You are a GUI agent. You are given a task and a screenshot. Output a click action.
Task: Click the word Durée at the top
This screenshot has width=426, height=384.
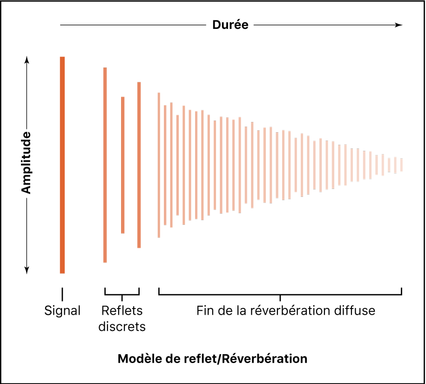(x=230, y=25)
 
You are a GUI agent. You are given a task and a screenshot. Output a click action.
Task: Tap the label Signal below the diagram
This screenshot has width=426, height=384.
(x=62, y=310)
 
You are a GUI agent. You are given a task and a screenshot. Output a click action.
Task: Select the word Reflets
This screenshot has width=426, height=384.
(x=122, y=310)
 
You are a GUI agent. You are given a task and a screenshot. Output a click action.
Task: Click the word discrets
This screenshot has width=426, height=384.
(x=122, y=327)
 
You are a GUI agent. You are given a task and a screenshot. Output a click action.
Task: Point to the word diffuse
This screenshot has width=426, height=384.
(x=353, y=310)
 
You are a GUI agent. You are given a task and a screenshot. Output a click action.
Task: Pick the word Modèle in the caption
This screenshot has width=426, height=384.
(x=137, y=359)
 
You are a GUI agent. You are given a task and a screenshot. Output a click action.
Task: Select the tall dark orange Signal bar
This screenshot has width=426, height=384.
(x=62, y=165)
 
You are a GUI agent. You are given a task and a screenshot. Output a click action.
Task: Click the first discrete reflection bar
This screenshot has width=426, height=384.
(x=105, y=165)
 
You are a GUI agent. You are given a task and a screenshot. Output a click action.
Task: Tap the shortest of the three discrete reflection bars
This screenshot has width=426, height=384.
(x=123, y=165)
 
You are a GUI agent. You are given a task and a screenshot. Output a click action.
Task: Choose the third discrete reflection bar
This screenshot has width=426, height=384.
(x=139, y=165)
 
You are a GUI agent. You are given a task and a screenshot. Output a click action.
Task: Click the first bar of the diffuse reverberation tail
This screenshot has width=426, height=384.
(x=159, y=165)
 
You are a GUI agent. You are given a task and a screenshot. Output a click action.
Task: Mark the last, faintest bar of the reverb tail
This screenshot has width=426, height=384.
(x=401, y=165)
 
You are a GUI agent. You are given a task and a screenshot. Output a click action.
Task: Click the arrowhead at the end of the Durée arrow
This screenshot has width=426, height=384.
(x=399, y=25)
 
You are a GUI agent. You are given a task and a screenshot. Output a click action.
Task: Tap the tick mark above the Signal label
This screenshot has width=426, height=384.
(x=62, y=294)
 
